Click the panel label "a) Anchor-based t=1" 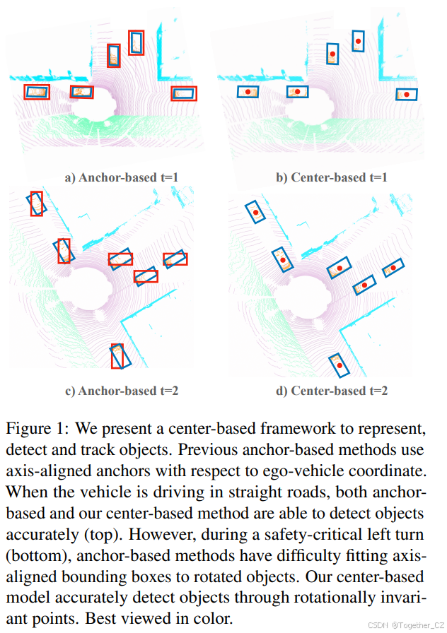[x=120, y=177]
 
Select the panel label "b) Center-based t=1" [x=332, y=177]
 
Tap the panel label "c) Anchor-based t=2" [x=120, y=390]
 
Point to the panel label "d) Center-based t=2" [x=332, y=390]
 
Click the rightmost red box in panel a [x=184, y=93]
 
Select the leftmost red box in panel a [x=37, y=91]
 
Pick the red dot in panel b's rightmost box [x=406, y=94]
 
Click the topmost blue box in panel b [x=358, y=42]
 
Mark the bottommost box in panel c [x=117, y=355]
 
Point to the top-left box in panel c [x=37, y=203]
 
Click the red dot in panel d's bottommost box [x=340, y=365]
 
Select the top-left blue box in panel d [x=255, y=211]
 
